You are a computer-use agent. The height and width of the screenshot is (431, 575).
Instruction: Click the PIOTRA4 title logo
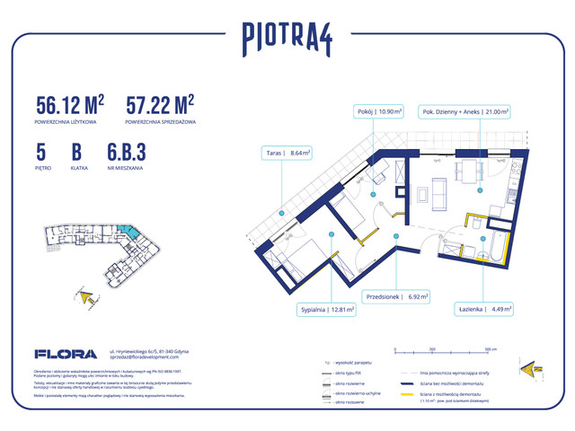(x=287, y=37)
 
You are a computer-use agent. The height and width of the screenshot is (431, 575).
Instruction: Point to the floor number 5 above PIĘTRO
(x=41, y=153)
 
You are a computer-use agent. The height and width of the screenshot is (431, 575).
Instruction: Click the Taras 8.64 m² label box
(x=287, y=153)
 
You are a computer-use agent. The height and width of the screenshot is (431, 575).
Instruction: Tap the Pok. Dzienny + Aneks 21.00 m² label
(x=464, y=113)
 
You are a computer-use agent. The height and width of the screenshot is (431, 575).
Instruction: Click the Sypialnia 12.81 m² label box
(x=327, y=310)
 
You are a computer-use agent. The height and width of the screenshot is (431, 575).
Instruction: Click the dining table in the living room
(x=468, y=173)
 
